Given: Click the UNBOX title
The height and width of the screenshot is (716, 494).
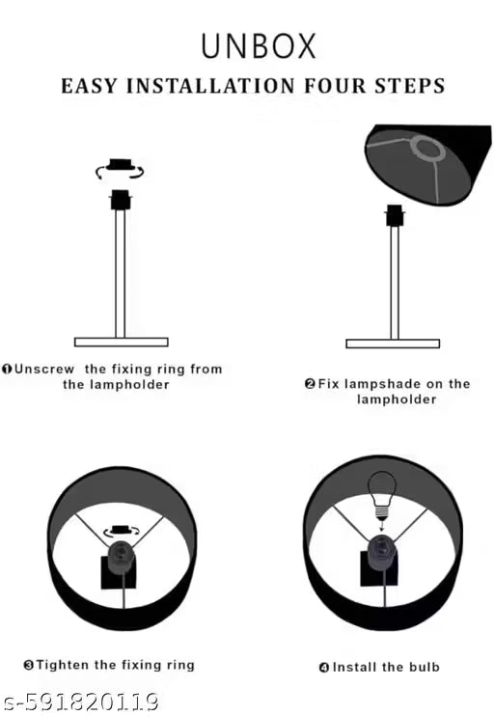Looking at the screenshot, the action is [x=259, y=46].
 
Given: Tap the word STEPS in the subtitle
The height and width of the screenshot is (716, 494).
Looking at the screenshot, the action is [x=409, y=86].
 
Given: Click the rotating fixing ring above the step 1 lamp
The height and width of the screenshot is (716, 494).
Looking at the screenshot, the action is [x=120, y=169].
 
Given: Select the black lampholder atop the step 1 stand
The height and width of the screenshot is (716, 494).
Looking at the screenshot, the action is [x=121, y=200].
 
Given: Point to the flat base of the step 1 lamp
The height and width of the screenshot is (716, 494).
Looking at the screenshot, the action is [x=121, y=342].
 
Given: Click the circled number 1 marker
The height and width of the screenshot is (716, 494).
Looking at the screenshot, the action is [x=7, y=369].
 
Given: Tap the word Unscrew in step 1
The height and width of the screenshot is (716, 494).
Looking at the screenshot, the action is [x=44, y=369].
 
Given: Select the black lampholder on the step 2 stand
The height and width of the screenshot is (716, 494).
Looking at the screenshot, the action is [x=395, y=215].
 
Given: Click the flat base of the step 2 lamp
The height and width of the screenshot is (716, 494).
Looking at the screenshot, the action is [x=393, y=344].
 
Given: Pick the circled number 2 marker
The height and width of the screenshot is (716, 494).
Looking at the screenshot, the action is [x=310, y=384].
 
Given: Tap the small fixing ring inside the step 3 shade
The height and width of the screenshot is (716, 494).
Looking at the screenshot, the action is [x=122, y=531].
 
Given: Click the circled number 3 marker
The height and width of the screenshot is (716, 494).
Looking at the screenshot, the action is [x=28, y=665].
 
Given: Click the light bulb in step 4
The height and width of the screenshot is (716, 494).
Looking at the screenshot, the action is [x=381, y=495].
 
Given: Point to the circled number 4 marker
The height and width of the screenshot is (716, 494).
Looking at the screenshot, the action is [x=324, y=668].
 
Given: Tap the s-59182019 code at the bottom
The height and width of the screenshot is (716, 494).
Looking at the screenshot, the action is [x=80, y=702].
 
